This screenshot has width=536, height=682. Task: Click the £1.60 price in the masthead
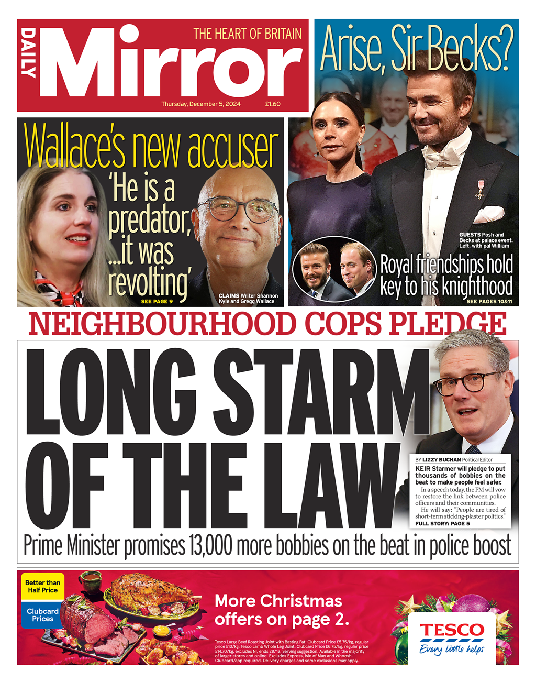[x=273, y=104]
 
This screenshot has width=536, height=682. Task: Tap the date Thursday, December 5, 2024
[x=201, y=104]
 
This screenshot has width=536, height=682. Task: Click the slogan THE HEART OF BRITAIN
[x=248, y=34]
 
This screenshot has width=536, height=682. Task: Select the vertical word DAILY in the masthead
[x=29, y=53]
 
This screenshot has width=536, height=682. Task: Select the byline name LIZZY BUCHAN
[x=442, y=459]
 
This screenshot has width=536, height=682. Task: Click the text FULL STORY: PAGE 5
[x=442, y=524]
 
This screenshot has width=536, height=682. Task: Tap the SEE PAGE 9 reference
[x=157, y=302]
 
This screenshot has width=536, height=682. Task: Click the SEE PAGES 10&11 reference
[x=489, y=302]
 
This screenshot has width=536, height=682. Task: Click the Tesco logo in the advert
[x=452, y=630]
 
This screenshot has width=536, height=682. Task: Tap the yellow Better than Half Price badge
[x=42, y=586]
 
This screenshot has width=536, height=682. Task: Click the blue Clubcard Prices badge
[x=42, y=615]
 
